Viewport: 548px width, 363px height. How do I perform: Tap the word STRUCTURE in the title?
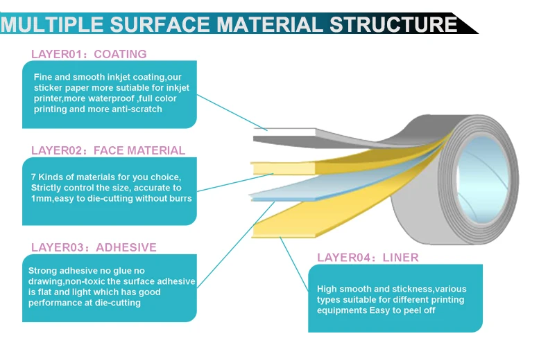point(393,24)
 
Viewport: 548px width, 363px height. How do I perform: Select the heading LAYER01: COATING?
point(89,54)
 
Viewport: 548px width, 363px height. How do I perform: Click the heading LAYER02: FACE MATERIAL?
point(108,150)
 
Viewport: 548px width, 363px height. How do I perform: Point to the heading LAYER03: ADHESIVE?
point(94,247)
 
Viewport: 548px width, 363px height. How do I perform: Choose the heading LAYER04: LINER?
point(368,258)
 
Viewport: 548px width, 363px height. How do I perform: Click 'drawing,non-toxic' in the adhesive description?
point(67,281)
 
